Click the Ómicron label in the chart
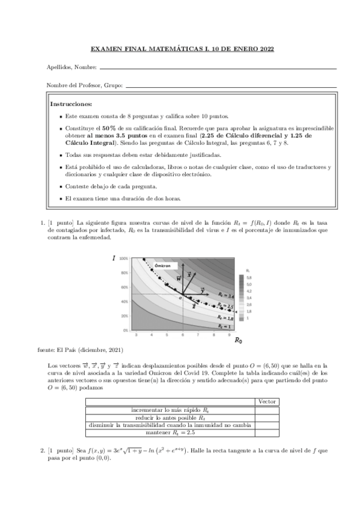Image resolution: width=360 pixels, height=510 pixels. click(163, 265)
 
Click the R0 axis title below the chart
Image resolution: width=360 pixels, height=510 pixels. click(238, 341)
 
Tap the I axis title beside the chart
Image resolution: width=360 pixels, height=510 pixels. click(114, 259)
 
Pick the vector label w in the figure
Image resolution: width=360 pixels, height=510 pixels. click(178, 279)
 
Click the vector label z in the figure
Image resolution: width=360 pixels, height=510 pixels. click(194, 306)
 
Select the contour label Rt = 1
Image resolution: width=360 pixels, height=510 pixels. click(224, 326)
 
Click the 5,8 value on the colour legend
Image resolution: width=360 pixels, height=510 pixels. click(249, 277)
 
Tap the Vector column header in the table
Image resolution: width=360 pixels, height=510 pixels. click(267, 401)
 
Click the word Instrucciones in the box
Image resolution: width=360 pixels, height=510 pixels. click(71, 103)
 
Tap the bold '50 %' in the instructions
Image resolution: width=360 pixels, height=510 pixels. click(109, 129)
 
